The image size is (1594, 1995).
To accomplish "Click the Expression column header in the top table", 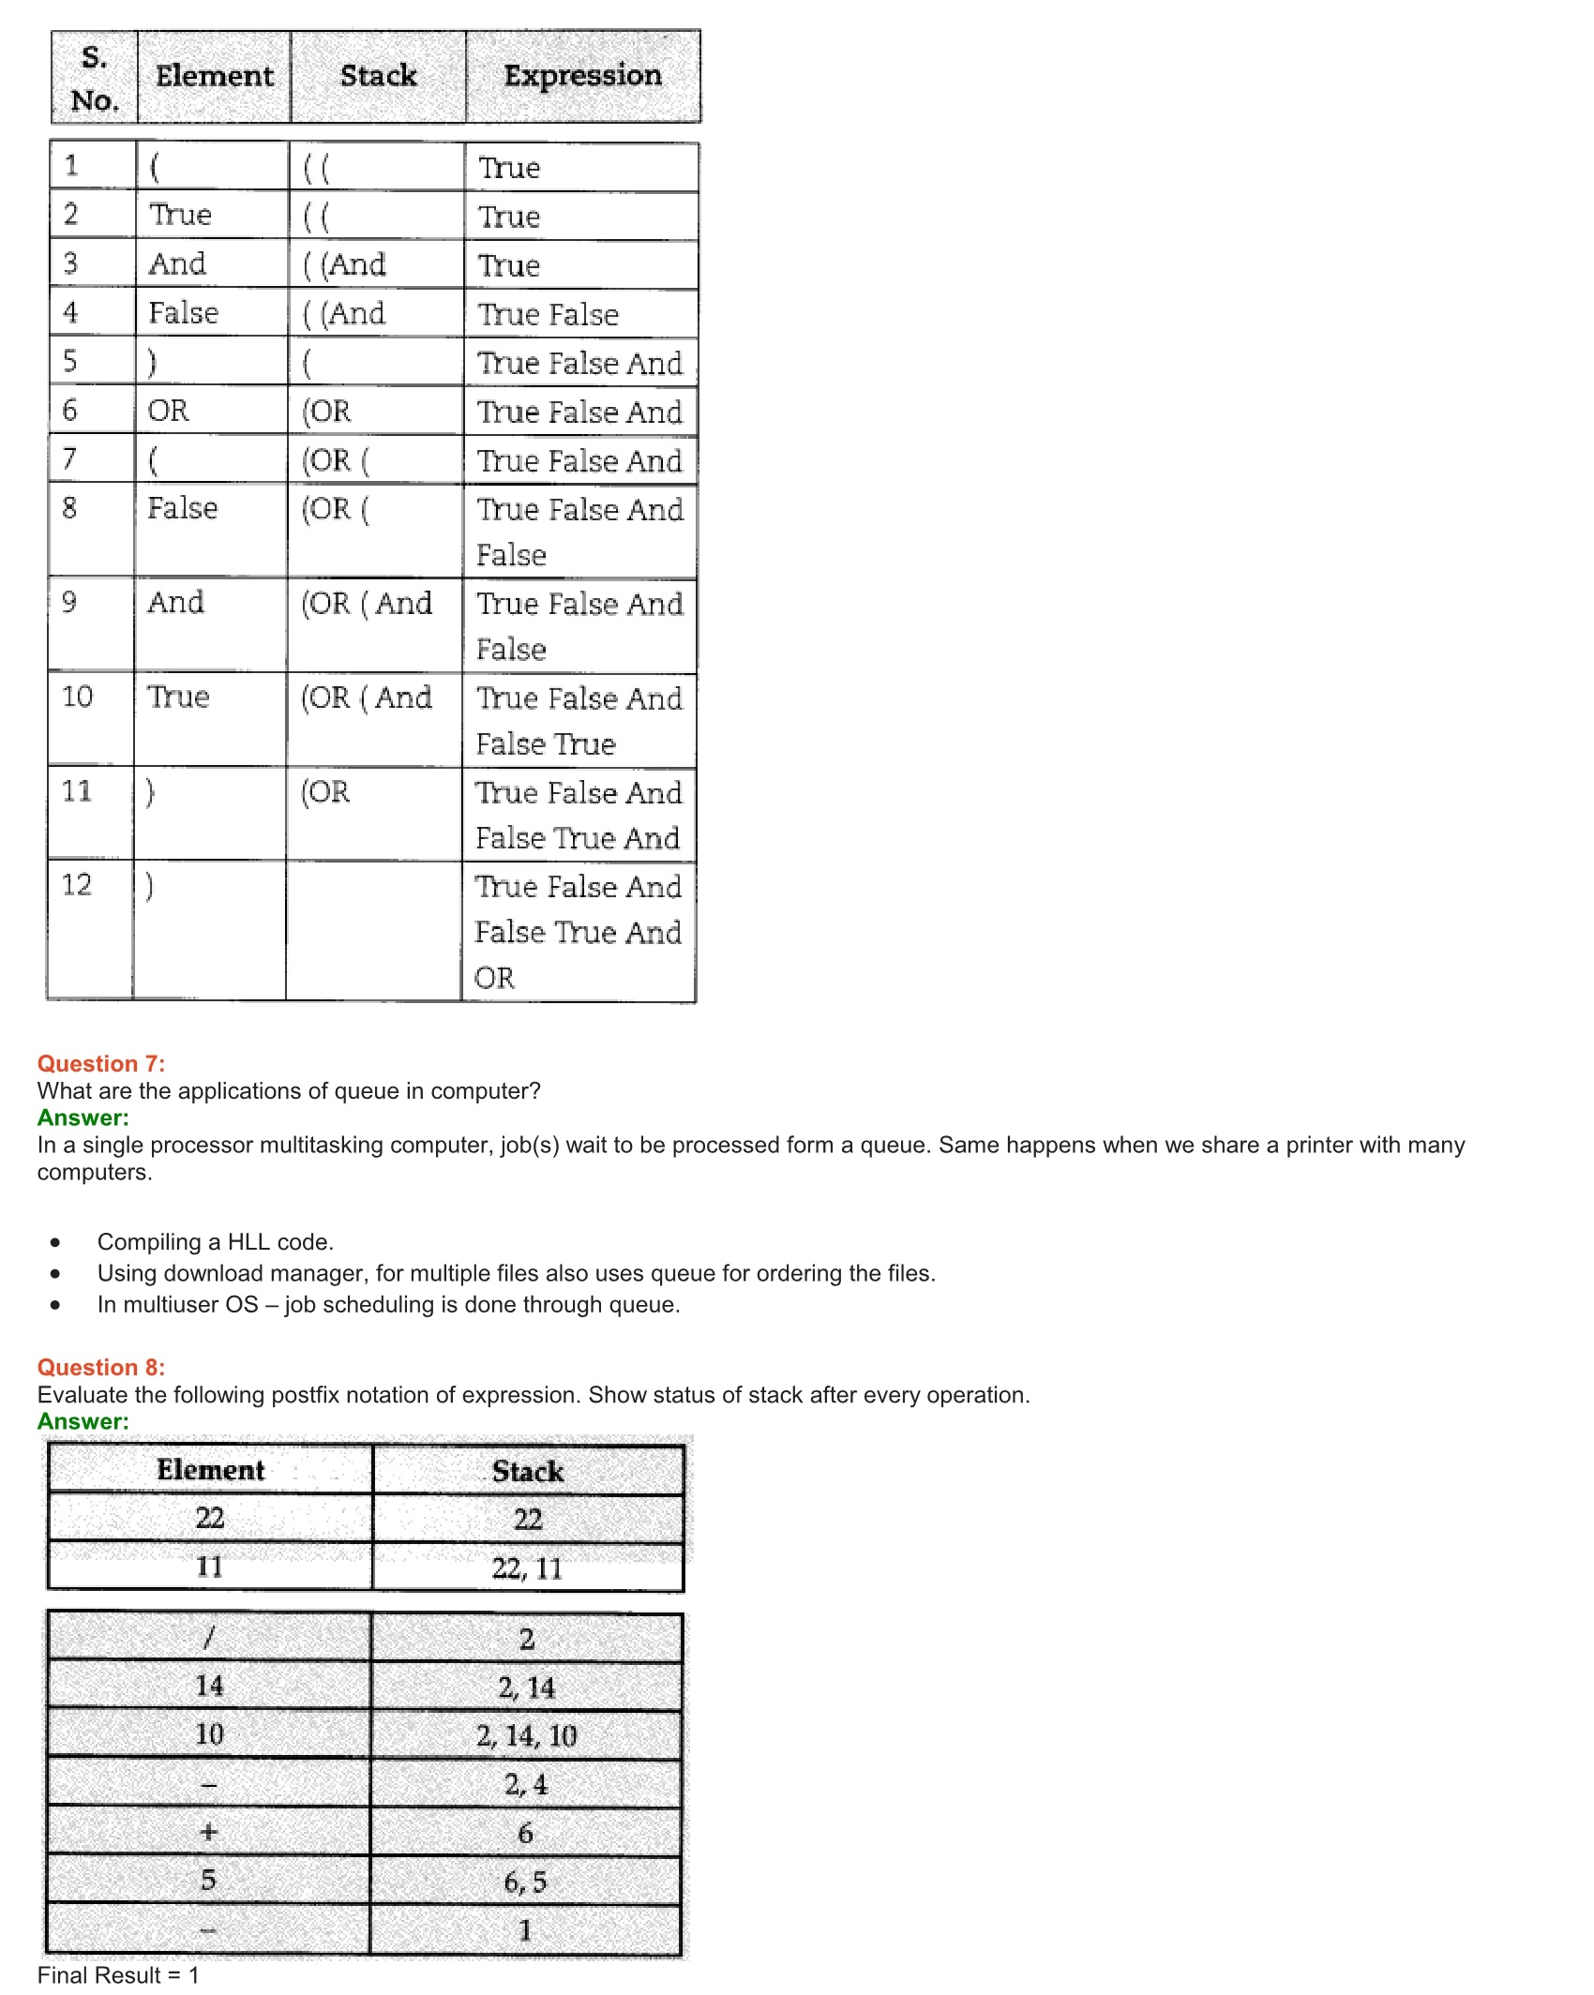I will [x=582, y=75].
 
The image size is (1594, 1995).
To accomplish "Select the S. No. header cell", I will [x=94, y=78].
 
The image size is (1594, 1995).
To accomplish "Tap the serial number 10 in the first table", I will [x=77, y=697].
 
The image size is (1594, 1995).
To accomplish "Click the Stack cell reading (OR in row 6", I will [x=326, y=411].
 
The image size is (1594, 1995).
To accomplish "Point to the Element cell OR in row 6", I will [x=169, y=411].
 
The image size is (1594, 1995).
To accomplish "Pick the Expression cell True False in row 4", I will [x=549, y=314].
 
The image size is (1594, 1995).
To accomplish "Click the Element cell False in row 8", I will [x=183, y=508].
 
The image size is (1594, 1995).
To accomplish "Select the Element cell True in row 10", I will [x=178, y=697].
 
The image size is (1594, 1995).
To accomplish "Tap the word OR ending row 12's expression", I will [x=494, y=978].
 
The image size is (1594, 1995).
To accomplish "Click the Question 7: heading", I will [x=101, y=1063].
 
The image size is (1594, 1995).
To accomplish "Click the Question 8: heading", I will [x=101, y=1367].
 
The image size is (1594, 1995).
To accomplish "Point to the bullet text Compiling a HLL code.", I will [x=216, y=1242].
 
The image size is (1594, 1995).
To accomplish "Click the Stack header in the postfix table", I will [x=528, y=1471].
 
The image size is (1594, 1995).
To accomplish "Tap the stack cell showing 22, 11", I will [x=527, y=1568].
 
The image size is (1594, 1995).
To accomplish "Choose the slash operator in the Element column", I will [x=209, y=1638].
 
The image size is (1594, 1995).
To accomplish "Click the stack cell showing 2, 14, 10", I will [x=526, y=1735].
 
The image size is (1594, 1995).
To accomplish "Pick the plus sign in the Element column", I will [x=208, y=1832].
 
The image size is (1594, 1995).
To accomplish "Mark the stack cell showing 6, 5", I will [x=525, y=1882].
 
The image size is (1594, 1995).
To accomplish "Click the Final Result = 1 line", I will [x=118, y=1975].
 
